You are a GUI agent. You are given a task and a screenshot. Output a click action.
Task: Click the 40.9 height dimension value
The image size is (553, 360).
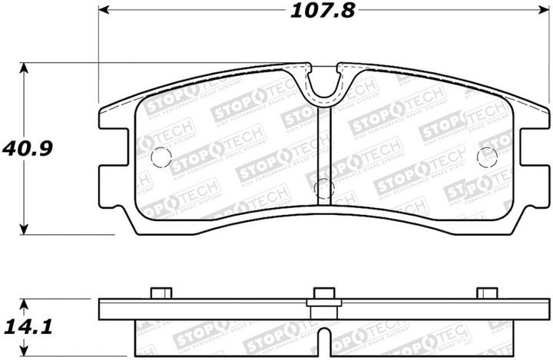click(25, 145)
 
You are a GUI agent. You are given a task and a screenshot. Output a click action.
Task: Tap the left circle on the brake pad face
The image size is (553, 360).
click(161, 157)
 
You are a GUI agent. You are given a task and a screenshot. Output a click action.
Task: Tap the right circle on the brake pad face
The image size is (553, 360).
click(487, 157)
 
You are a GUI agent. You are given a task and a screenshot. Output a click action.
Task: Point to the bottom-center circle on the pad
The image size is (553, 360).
click(324, 188)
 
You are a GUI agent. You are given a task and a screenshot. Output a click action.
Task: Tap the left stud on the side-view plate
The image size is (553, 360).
click(161, 292)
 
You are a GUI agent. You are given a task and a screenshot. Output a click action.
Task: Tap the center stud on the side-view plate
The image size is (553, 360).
click(324, 292)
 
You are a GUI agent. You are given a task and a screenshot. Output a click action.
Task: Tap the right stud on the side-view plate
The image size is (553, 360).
click(487, 292)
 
